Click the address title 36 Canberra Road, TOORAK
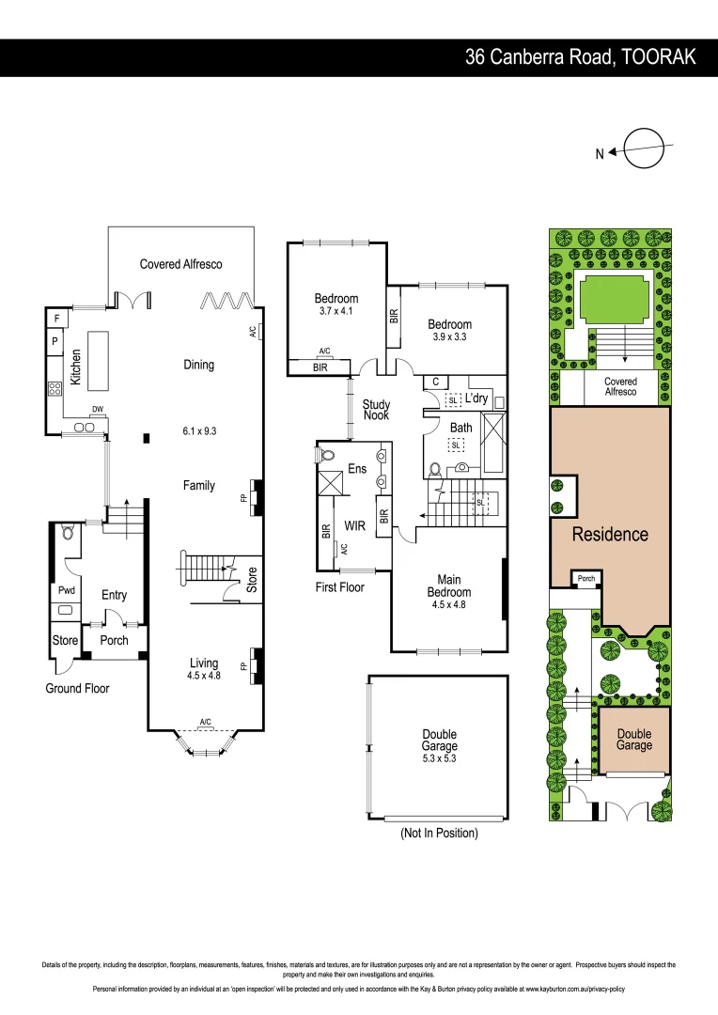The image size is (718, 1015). click(581, 57)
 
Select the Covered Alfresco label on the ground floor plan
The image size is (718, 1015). click(181, 264)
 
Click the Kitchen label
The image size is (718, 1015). click(76, 368)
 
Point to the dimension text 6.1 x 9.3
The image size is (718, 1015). click(198, 431)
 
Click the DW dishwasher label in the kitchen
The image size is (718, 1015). click(97, 409)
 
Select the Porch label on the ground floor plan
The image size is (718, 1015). click(114, 640)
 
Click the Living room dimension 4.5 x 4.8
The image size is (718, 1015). click(203, 675)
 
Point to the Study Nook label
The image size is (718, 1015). click(376, 411)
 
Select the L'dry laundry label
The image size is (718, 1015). click(476, 398)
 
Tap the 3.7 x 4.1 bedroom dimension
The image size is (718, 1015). click(336, 311)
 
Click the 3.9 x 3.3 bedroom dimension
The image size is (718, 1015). click(449, 336)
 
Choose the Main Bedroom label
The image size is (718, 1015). click(448, 586)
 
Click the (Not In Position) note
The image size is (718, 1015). click(439, 833)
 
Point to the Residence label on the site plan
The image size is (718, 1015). click(610, 534)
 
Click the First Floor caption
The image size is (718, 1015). click(340, 587)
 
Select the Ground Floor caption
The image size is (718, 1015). click(77, 688)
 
